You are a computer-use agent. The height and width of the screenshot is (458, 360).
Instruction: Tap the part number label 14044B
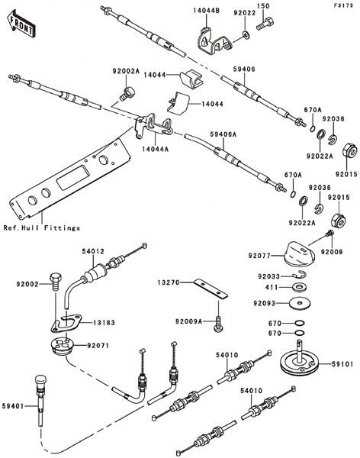(207, 11)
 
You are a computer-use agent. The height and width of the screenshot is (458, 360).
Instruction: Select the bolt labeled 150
(265, 24)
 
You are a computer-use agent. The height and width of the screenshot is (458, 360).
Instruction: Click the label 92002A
(126, 71)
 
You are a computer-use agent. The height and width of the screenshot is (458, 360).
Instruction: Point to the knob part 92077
(301, 253)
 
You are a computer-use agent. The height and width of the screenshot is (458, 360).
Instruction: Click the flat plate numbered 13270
(211, 289)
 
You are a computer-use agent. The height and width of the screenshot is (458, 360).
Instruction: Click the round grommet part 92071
(61, 347)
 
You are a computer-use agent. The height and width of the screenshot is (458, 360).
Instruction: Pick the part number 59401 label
(12, 406)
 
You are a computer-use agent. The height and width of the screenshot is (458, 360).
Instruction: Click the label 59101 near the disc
(342, 364)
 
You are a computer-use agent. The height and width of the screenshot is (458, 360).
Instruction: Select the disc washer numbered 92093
(300, 304)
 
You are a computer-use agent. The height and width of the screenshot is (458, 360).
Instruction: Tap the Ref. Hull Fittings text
(42, 227)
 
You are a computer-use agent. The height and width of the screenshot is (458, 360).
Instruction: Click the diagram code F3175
(344, 5)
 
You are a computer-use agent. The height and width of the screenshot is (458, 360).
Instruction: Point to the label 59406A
(223, 134)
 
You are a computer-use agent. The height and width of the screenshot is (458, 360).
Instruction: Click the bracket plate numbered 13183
(66, 324)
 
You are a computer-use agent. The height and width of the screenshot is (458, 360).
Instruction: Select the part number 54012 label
(92, 251)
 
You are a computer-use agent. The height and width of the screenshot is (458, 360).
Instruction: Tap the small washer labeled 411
(299, 287)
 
